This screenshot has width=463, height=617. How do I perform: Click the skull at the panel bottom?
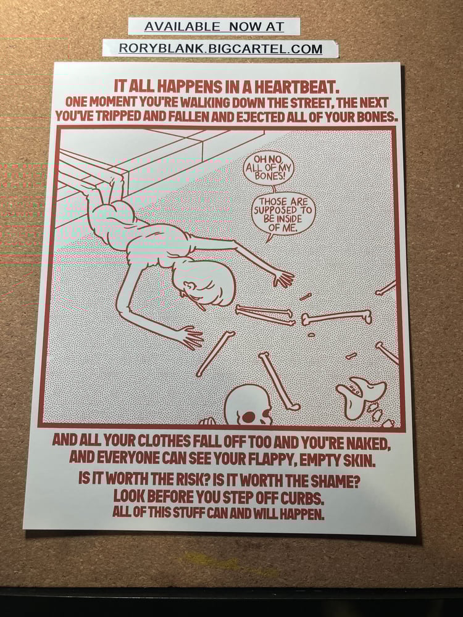click(x=248, y=406)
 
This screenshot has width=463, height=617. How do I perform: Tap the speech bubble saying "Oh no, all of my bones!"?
click(x=269, y=167)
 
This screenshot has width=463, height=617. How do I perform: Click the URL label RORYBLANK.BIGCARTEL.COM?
click(x=220, y=49)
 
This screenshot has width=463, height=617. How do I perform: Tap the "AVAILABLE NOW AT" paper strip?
click(x=214, y=27)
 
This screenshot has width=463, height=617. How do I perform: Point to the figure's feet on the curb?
click(x=105, y=185)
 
